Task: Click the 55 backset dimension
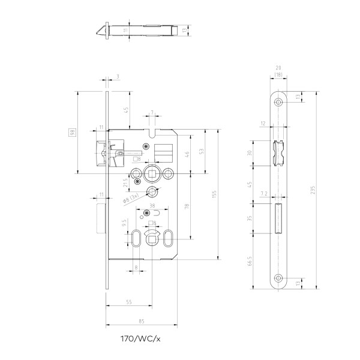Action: point(129,303)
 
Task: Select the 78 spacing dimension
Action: point(187,206)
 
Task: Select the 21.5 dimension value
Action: point(125,182)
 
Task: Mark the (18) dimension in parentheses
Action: point(278,74)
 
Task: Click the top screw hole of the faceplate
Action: point(278,101)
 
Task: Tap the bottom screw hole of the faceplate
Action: point(278,278)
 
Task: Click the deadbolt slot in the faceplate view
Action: point(278,219)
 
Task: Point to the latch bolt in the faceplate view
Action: point(278,152)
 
